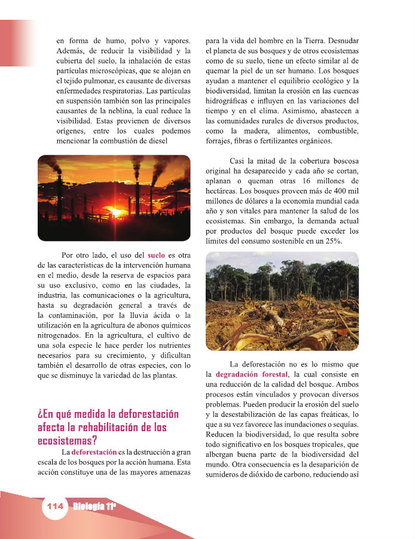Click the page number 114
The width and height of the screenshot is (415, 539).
point(54,507)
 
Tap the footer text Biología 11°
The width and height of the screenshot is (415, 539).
point(94,507)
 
